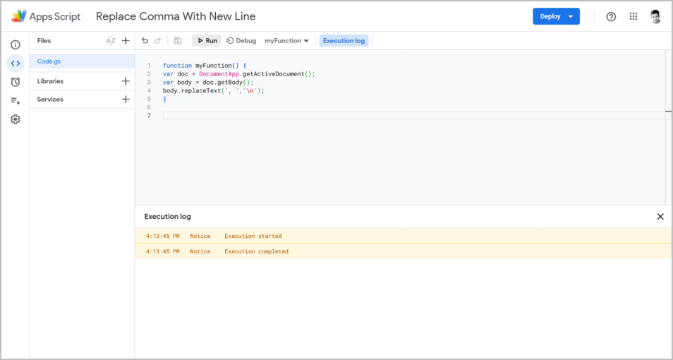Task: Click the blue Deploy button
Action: (556, 16)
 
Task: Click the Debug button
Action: (241, 41)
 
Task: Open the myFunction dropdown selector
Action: (286, 41)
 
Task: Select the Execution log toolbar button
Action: (344, 41)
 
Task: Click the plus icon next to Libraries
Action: (126, 80)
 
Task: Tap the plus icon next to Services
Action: (126, 100)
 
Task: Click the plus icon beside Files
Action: (126, 41)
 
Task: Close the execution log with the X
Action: (660, 217)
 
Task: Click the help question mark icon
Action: (611, 17)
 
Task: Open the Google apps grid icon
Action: (633, 16)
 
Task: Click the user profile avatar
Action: (655, 16)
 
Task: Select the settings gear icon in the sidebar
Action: (16, 119)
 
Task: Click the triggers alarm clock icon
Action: (16, 82)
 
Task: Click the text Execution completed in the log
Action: (256, 251)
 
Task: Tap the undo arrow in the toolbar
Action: (145, 41)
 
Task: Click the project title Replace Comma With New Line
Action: (176, 16)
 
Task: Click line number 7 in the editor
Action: (149, 116)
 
